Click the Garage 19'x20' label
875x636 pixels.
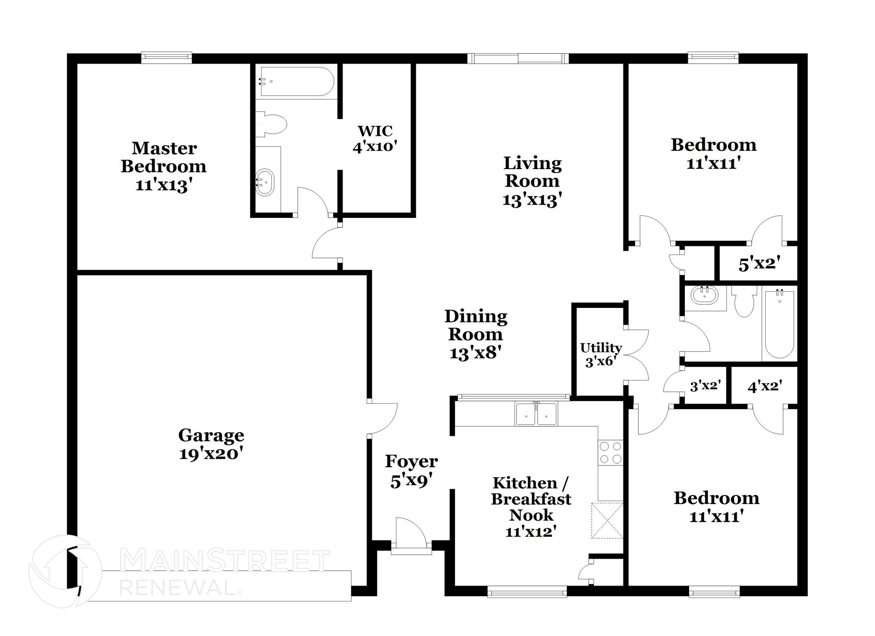211,444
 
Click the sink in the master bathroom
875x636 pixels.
265,182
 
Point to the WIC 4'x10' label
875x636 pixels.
375,138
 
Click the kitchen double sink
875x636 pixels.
536,414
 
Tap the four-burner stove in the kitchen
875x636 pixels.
610,453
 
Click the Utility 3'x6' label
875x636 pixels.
600,355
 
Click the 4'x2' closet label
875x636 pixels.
765,387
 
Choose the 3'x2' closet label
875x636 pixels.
705,386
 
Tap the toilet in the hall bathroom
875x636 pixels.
745,301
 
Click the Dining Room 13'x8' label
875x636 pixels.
476,334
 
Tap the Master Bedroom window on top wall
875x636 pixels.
167,58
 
